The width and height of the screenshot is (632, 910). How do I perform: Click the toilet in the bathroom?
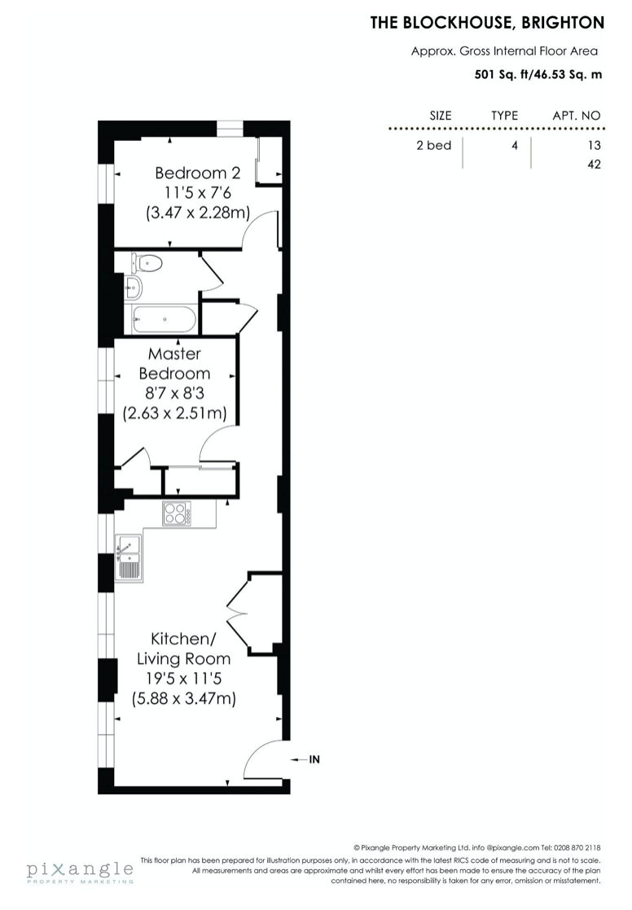(x=147, y=263)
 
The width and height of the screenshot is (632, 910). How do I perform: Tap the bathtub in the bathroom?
(x=165, y=319)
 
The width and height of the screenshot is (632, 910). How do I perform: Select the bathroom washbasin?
(x=133, y=285)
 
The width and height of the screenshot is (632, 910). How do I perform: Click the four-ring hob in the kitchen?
(x=177, y=513)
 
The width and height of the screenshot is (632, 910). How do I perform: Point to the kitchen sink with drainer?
(x=128, y=558)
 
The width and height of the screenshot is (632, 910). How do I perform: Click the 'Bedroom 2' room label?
(x=197, y=173)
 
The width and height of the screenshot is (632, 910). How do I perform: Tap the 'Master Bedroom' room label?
(x=174, y=363)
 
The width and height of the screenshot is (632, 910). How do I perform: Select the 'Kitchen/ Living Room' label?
(x=183, y=648)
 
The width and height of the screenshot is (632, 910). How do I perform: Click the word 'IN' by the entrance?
(x=314, y=759)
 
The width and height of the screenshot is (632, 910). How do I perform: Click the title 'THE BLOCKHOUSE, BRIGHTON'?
(x=488, y=23)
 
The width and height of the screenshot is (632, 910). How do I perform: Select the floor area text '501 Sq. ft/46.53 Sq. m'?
(x=538, y=74)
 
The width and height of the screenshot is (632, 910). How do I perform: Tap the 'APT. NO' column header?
(x=577, y=116)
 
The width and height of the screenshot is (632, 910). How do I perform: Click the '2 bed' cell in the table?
(x=433, y=145)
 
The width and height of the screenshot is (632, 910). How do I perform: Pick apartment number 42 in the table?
(x=594, y=165)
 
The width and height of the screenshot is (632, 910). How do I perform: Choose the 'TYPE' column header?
(x=504, y=116)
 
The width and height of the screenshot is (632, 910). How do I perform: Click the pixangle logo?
(x=80, y=872)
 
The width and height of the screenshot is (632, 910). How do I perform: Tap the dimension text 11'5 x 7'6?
(x=197, y=192)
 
